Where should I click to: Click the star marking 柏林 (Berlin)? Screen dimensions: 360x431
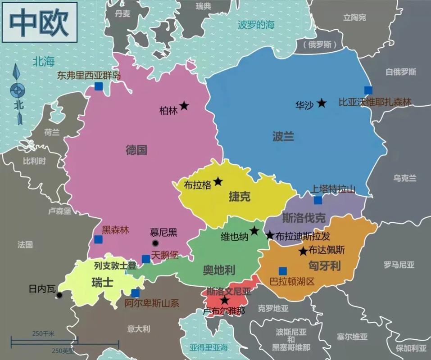(184, 106)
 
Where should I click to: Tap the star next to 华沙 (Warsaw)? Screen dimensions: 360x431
(321, 103)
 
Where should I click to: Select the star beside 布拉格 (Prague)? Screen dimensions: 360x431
(218, 181)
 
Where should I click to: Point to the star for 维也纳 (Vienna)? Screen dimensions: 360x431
(254, 231)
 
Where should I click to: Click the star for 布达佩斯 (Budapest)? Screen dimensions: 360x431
(303, 251)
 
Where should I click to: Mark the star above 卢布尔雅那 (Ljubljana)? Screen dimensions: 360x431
(224, 300)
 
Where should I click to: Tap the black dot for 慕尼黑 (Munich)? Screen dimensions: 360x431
(155, 243)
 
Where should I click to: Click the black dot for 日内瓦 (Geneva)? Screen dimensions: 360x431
(59, 296)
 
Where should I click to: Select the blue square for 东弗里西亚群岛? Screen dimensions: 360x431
(99, 86)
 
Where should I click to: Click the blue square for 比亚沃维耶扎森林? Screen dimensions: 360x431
(368, 90)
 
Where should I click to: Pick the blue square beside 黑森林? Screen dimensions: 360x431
(98, 239)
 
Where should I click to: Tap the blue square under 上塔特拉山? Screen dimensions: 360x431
(318, 200)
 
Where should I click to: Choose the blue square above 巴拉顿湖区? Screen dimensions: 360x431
(282, 271)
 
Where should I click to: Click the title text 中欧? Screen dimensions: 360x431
(39, 22)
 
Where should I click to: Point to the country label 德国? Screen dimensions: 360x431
(136, 150)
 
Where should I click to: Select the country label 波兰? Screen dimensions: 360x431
(283, 136)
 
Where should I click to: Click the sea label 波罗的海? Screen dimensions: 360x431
(256, 25)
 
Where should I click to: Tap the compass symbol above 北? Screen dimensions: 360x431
(18, 90)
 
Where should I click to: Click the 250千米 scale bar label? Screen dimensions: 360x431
(43, 333)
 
